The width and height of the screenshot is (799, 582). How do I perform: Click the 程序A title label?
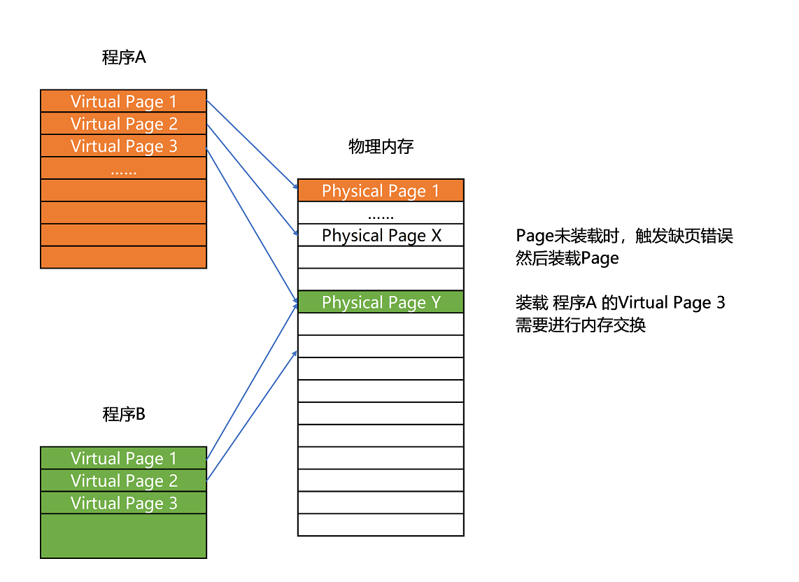click(124, 57)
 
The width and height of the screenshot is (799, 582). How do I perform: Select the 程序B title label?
click(124, 414)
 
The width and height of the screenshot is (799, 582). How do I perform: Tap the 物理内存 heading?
click(381, 146)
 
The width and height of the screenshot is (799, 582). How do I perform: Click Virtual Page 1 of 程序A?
click(124, 101)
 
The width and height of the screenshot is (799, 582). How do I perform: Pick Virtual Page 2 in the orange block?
click(124, 124)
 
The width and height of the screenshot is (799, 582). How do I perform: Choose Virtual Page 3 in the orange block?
click(124, 146)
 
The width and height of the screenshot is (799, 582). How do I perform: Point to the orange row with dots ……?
click(124, 169)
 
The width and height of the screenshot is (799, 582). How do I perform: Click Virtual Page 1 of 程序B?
click(124, 458)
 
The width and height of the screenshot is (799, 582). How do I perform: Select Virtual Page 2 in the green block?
click(124, 481)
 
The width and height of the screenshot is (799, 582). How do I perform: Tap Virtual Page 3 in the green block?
click(124, 503)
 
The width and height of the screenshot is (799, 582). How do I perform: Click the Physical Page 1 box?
click(381, 191)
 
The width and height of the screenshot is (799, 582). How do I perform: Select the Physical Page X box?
click(381, 235)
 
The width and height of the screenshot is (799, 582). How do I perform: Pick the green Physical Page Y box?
click(381, 302)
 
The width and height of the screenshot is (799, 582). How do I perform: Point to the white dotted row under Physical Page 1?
click(381, 213)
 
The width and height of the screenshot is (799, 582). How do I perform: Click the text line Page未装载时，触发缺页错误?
click(624, 236)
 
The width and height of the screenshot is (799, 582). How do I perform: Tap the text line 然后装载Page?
click(567, 258)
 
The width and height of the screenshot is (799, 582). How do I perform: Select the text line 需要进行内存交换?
click(581, 325)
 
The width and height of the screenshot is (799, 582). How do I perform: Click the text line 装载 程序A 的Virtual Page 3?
click(620, 303)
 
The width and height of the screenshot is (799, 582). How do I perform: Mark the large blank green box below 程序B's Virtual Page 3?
click(124, 536)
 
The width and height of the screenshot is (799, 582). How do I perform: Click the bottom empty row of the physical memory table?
click(381, 525)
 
